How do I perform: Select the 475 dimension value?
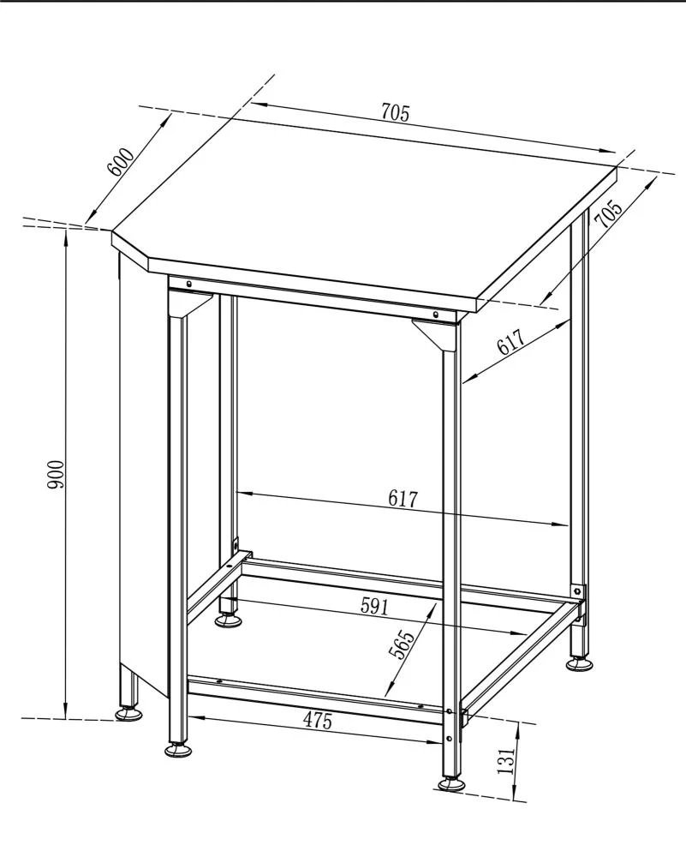click(317, 721)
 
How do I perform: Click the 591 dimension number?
click(374, 607)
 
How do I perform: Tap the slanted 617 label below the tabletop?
click(510, 343)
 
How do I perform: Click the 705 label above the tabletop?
click(395, 112)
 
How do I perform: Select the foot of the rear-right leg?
click(578, 662)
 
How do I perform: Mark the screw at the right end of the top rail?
click(435, 315)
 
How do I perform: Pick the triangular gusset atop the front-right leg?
click(437, 333)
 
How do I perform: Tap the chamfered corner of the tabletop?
click(128, 244)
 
